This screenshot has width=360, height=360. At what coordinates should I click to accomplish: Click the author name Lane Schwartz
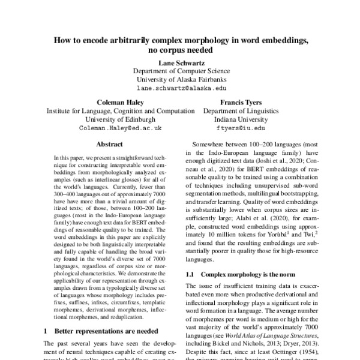tap(179, 62)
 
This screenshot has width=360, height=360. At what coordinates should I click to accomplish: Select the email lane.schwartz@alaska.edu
tap(179, 88)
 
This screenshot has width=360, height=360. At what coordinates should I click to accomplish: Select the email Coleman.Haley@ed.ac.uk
tap(121, 128)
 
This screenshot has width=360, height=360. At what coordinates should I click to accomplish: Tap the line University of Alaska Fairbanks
tap(179, 79)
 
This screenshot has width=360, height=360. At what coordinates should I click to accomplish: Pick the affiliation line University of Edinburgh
tap(121, 119)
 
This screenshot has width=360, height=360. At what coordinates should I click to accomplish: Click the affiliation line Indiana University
tap(242, 119)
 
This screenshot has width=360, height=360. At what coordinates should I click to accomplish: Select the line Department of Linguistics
tap(242, 111)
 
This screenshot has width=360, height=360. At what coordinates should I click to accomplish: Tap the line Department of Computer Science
tap(179, 70)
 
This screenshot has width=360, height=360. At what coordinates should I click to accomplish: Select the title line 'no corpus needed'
tap(179, 50)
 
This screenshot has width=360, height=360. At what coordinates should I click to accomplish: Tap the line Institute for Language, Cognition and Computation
tap(121, 111)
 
